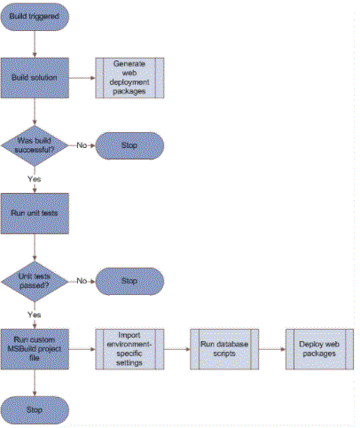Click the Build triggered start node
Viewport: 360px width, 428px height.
tap(35, 17)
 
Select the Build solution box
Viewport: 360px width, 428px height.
tap(35, 78)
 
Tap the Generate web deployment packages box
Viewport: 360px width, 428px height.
tap(129, 78)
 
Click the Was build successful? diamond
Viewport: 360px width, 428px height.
tap(35, 145)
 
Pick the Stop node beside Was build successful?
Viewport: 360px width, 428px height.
tap(129, 145)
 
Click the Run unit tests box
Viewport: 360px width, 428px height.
tap(35, 214)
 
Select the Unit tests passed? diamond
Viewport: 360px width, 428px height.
tap(35, 281)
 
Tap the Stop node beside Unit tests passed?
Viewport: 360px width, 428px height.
tap(129, 281)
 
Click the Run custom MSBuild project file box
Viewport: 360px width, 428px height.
tap(35, 349)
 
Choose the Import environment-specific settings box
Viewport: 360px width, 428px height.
tap(129, 349)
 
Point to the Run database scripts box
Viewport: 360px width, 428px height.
tap(224, 349)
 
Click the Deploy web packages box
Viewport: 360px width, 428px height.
tap(319, 349)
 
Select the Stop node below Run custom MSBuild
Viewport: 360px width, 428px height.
tap(35, 410)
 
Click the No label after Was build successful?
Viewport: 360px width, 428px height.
tap(82, 145)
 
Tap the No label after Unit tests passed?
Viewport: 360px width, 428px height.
tap(82, 281)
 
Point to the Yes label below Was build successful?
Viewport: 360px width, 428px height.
tap(35, 179)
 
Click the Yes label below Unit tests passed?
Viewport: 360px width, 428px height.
tap(35, 315)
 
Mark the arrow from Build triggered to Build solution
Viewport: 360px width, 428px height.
tap(35, 44)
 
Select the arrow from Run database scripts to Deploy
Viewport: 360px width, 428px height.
tap(272, 349)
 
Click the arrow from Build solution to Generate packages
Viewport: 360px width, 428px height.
tap(82, 78)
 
